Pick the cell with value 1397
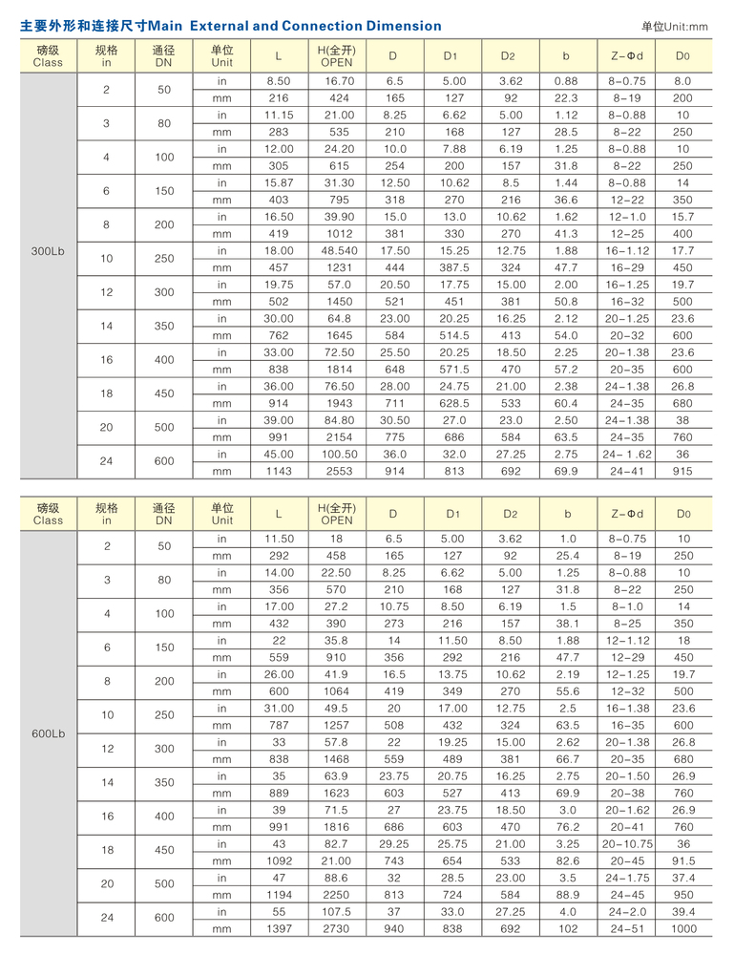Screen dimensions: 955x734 (x=278, y=928)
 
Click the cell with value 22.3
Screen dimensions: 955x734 (x=566, y=97)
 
